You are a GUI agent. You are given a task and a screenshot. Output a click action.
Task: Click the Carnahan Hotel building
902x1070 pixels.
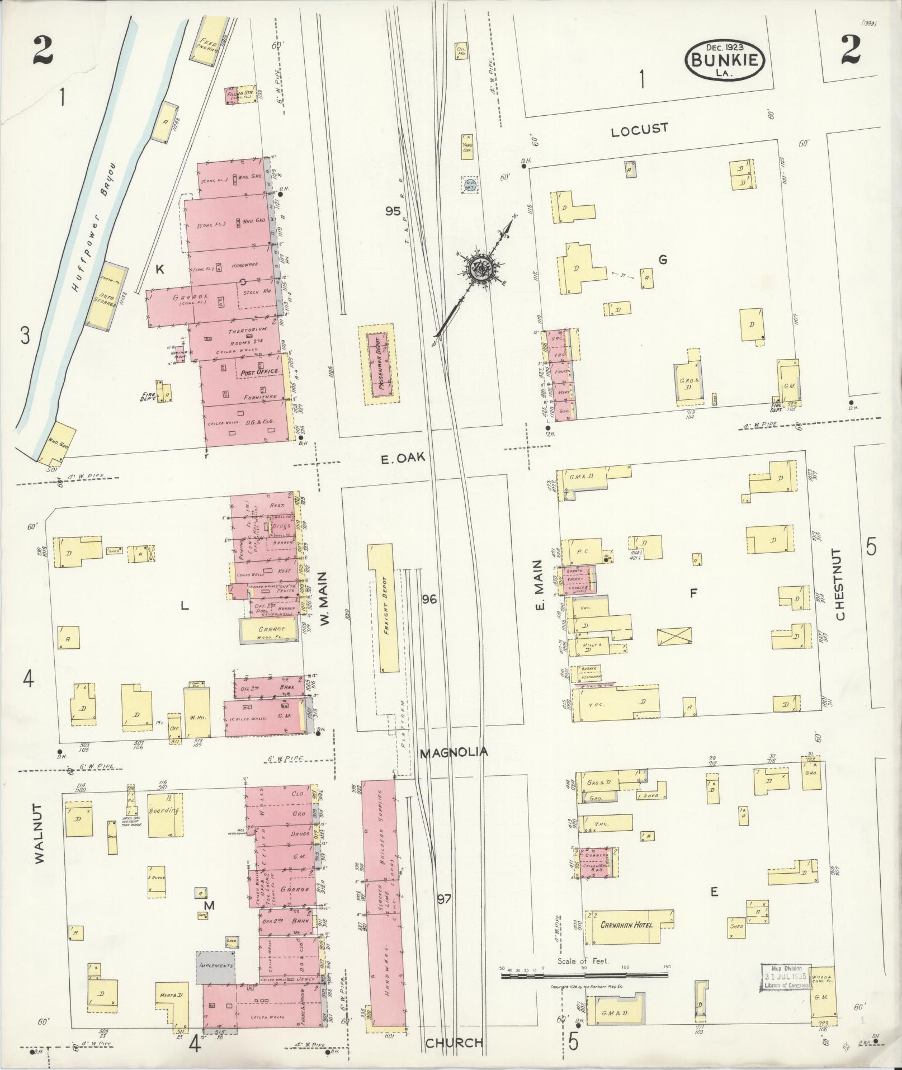click(x=626, y=925)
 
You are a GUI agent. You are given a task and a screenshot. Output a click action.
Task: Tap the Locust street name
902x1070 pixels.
click(x=639, y=130)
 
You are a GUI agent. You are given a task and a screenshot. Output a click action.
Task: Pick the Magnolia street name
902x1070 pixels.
click(x=454, y=752)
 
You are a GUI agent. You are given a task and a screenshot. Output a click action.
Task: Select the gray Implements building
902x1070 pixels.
click(x=215, y=967)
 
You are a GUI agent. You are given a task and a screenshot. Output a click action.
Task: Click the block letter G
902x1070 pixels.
click(x=663, y=259)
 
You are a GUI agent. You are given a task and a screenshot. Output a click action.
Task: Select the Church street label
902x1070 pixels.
click(x=454, y=1043)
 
